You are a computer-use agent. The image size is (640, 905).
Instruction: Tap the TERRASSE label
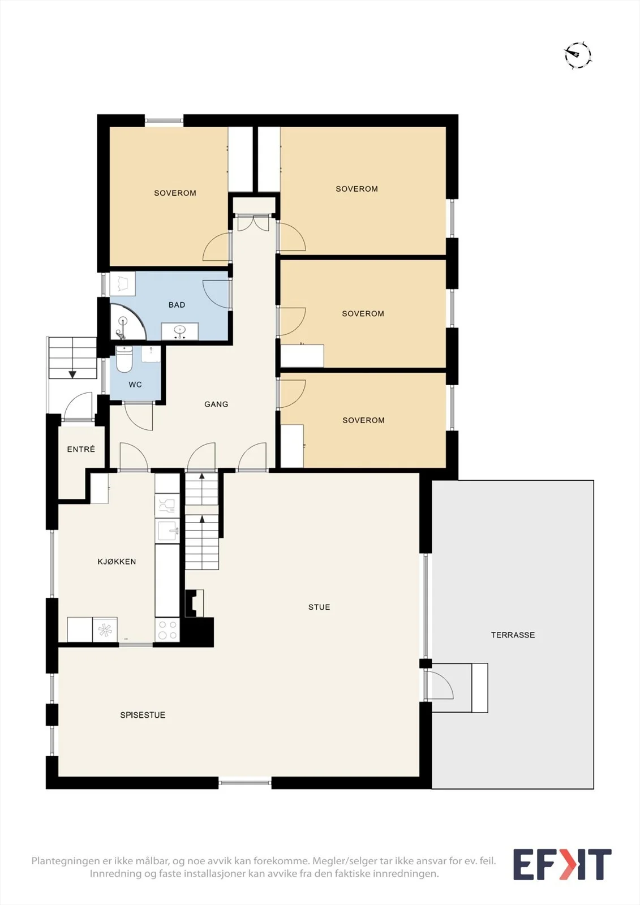coord(513,635)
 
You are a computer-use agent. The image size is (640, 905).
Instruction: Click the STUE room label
coord(319,607)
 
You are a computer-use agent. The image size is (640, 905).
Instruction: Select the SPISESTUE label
coord(143,715)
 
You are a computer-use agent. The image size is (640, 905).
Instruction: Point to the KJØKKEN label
coord(117,561)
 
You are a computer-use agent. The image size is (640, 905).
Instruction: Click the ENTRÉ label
coord(81,449)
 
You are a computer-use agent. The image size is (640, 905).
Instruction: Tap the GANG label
coord(216,404)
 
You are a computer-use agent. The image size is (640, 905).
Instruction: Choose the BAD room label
coord(177,305)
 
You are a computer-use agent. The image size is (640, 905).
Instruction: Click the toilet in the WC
coord(124,359)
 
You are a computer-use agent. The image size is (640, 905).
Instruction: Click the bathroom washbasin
coord(179,331)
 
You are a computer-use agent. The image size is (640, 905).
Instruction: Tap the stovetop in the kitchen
coord(167,630)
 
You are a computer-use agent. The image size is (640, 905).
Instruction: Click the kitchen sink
coord(167,530)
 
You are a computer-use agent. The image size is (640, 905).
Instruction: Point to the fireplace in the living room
coord(195,603)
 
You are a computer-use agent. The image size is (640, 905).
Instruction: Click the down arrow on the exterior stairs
coord(72,374)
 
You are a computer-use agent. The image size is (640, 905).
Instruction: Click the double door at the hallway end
coord(253,223)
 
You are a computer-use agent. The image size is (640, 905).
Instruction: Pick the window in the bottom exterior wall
coord(245,783)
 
